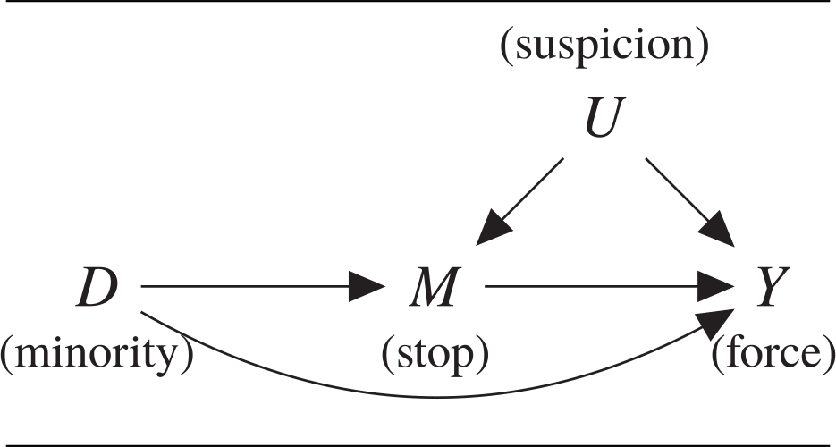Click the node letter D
pos(97,289)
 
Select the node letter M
pos(433,289)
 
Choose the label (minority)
pos(97,355)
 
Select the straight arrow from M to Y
pos(599,288)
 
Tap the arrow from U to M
pos(523,199)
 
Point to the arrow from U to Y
pos(687,199)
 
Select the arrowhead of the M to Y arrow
pos(715,288)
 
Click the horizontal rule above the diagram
pos(418,2)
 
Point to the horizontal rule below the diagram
pos(418,443)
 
